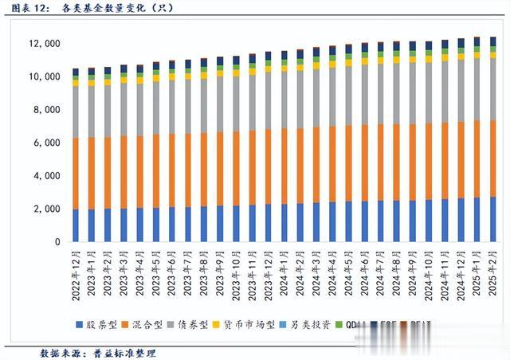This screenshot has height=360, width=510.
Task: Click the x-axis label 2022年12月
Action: (76, 273)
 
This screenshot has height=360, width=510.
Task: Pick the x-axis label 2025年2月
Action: (492, 273)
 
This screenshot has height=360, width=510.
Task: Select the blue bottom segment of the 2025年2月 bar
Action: (492, 219)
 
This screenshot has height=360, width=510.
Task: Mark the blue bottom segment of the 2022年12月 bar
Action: (76, 225)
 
